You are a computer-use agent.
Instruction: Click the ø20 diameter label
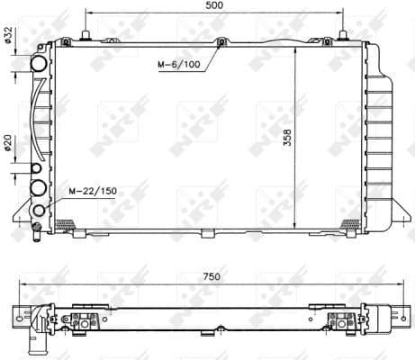tap(8, 143)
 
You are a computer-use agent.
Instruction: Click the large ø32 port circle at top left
tap(39, 65)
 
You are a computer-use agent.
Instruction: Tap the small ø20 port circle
tap(36, 169)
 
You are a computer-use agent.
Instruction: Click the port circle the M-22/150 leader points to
tap(39, 211)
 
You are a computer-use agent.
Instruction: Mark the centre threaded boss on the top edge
tap(221, 41)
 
